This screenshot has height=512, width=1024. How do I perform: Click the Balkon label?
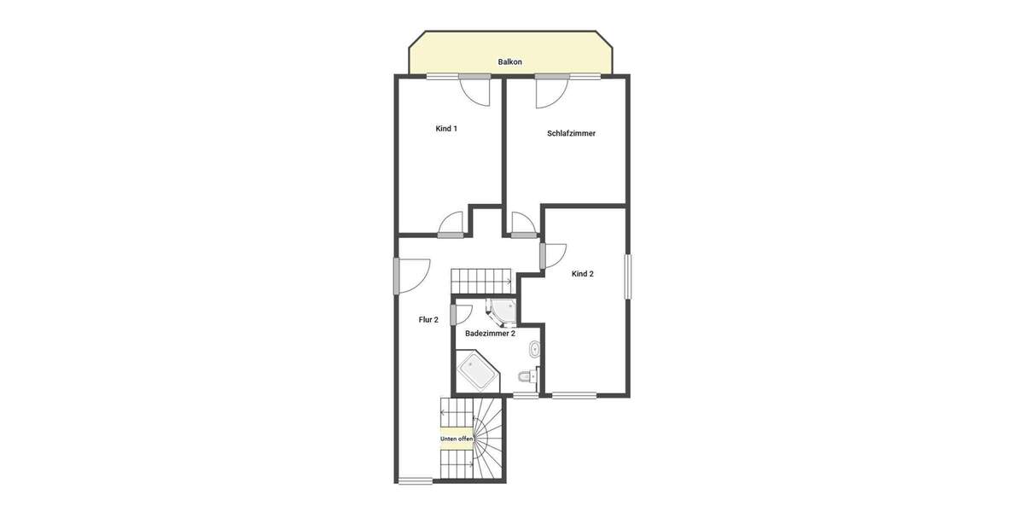[510, 62]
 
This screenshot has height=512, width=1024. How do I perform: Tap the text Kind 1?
[446, 129]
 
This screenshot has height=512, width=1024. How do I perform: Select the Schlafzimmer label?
[571, 133]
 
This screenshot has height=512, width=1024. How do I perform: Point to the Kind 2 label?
[582, 274]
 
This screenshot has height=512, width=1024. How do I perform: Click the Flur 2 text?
[428, 320]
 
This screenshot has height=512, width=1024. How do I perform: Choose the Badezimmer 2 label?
[490, 334]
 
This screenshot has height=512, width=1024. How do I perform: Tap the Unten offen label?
[457, 439]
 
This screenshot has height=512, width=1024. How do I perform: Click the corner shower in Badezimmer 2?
[503, 311]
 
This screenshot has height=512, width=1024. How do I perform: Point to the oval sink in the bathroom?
[535, 348]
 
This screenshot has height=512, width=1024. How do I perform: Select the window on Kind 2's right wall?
[628, 276]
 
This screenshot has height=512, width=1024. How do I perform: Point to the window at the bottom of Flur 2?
[416, 480]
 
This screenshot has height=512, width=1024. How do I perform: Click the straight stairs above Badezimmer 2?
[481, 279]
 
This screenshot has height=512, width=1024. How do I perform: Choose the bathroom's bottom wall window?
[526, 395]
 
